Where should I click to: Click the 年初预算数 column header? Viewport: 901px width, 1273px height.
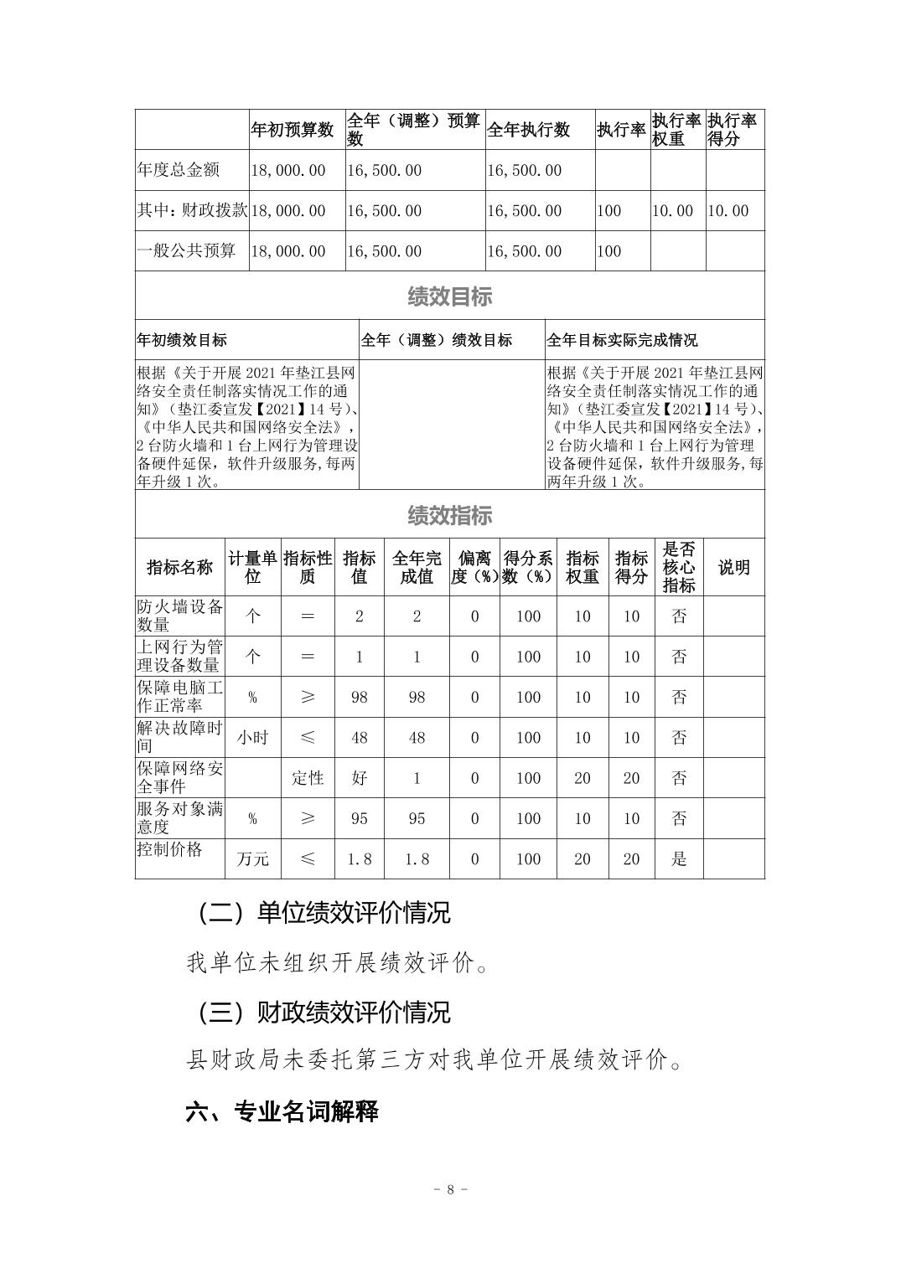coord(293,130)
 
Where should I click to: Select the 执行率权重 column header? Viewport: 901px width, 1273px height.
coord(676,130)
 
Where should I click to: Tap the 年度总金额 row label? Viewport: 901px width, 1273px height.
coord(179,170)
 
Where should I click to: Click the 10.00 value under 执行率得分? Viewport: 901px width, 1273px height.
coord(728,211)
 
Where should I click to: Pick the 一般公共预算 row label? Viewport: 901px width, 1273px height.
coord(186,251)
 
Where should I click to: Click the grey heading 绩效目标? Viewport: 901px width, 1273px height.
coord(449,296)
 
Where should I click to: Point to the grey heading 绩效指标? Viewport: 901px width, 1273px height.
coord(449,515)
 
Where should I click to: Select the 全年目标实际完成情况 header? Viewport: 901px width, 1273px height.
coord(622,340)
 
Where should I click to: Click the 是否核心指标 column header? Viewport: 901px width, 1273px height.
coord(679,567)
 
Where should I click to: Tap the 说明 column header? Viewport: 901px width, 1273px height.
coord(733,567)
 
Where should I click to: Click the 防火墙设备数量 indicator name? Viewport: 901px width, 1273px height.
coord(179,616)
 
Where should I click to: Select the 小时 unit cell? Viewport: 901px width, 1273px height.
coord(252,738)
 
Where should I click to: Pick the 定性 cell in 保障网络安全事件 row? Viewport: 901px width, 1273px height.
coord(308,778)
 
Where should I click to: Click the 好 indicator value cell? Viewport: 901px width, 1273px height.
coord(359,778)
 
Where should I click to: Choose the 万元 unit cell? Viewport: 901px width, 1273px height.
coord(252,859)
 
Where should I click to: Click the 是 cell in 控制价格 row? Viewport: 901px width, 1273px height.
coord(679,859)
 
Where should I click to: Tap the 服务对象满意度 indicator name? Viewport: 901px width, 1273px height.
coord(179,818)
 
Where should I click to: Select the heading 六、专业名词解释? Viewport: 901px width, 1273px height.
coord(282,1111)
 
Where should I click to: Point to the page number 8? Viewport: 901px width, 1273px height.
coord(450,1189)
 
